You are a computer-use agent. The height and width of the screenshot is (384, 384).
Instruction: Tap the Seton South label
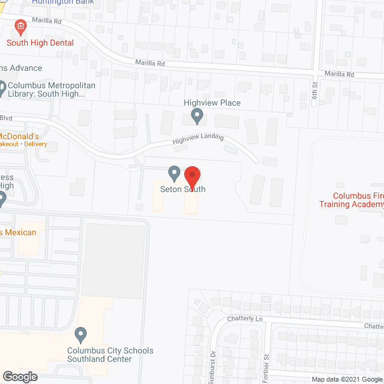[x=183, y=190]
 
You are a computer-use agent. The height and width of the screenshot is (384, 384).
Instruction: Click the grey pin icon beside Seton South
[x=174, y=173]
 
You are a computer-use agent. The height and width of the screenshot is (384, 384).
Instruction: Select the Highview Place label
[x=212, y=103]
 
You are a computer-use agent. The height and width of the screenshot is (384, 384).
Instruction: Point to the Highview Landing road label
[x=198, y=139]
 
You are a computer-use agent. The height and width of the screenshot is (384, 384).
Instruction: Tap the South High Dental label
[x=40, y=43]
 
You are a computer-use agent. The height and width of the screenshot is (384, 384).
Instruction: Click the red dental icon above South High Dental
[x=20, y=26]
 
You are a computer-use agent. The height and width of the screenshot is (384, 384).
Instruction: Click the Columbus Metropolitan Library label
[x=51, y=89]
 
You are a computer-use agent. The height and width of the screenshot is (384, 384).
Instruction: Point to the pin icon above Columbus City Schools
[x=80, y=333]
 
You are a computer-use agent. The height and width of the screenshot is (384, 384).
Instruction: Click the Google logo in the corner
[x=19, y=377]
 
